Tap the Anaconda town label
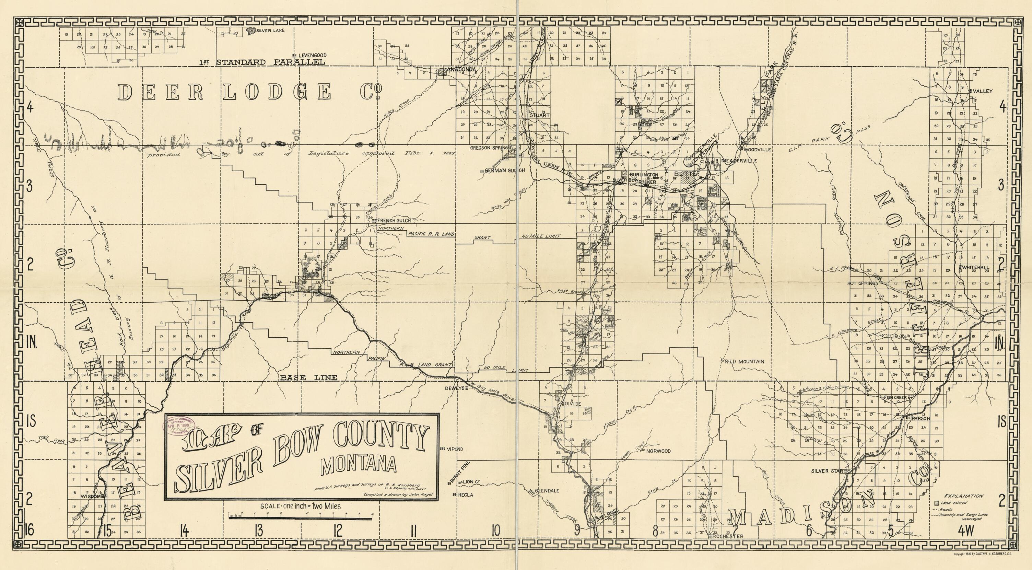pos(461,70)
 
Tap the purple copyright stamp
pos(179,432)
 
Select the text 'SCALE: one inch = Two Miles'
pos(301,506)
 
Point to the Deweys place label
pos(454,388)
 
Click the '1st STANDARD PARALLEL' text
pos(262,62)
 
